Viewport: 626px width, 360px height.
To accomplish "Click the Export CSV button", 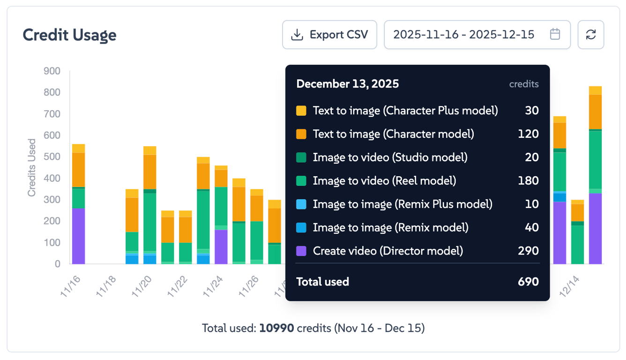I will coord(329,35).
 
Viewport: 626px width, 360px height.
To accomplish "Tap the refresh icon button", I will coord(591,35).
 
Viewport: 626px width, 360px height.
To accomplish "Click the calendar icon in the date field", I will coord(555,34).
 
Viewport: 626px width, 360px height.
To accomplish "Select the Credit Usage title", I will coord(69,35).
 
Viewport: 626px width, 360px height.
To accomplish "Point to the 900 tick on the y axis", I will coord(52,71).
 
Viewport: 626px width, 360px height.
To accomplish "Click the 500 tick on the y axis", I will coord(52,157).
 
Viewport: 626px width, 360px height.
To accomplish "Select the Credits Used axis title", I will coord(31,167).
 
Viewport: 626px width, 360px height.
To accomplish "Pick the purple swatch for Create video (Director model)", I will coord(301,251).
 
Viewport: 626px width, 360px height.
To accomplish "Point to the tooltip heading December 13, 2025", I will coord(348,84).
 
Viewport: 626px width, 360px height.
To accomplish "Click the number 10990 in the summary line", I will coord(276,328).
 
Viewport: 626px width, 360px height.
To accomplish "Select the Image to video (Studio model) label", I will coord(390,157).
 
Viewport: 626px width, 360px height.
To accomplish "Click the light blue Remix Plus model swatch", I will coord(301,204).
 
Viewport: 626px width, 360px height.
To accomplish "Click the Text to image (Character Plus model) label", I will coord(405,111).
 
